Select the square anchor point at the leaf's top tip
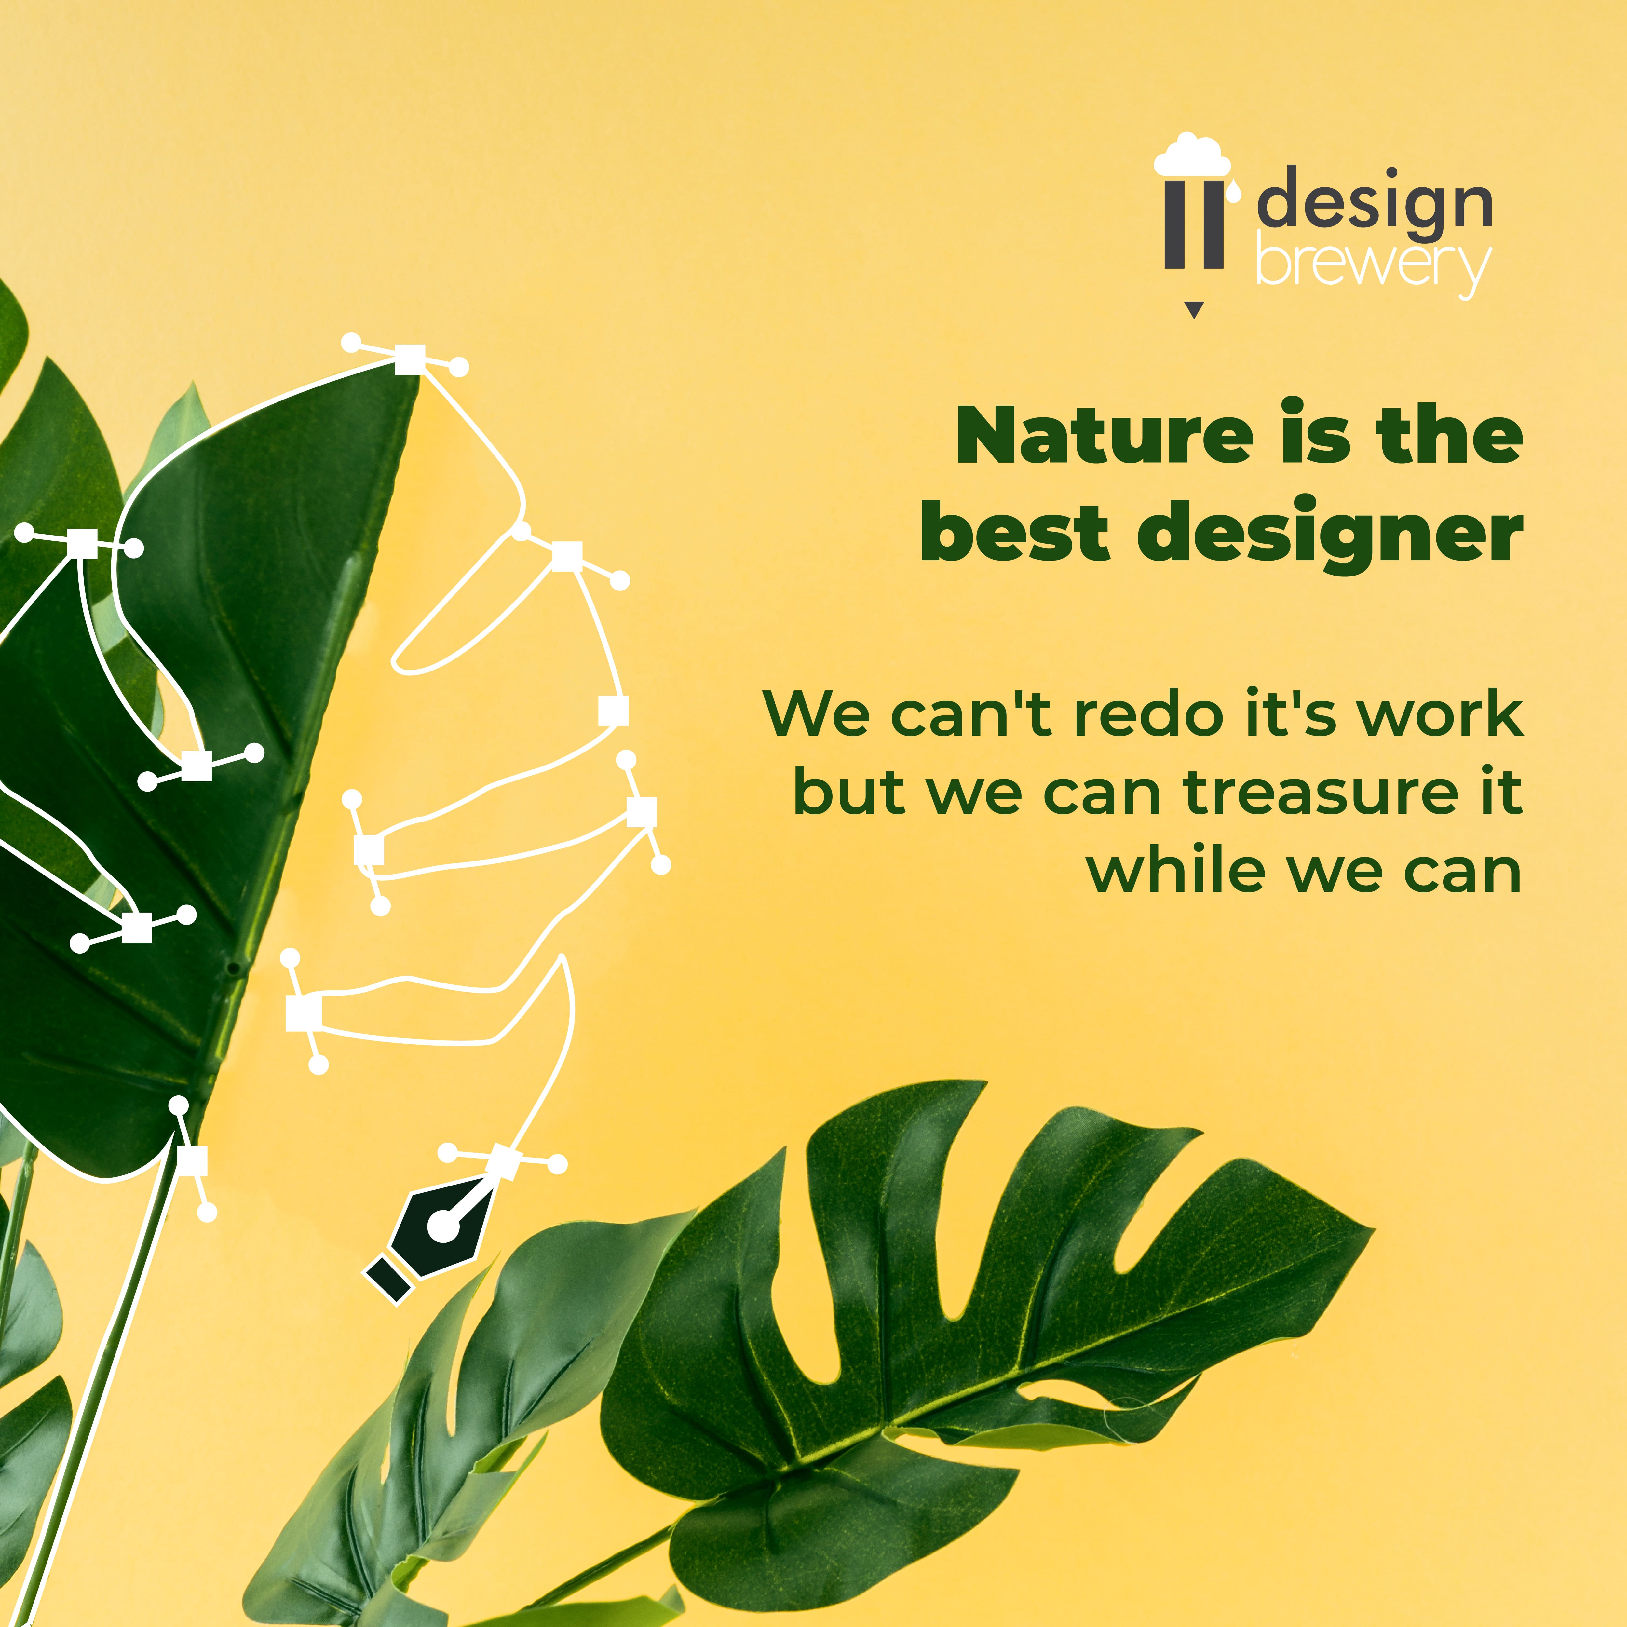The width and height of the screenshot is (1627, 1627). pos(410,359)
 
